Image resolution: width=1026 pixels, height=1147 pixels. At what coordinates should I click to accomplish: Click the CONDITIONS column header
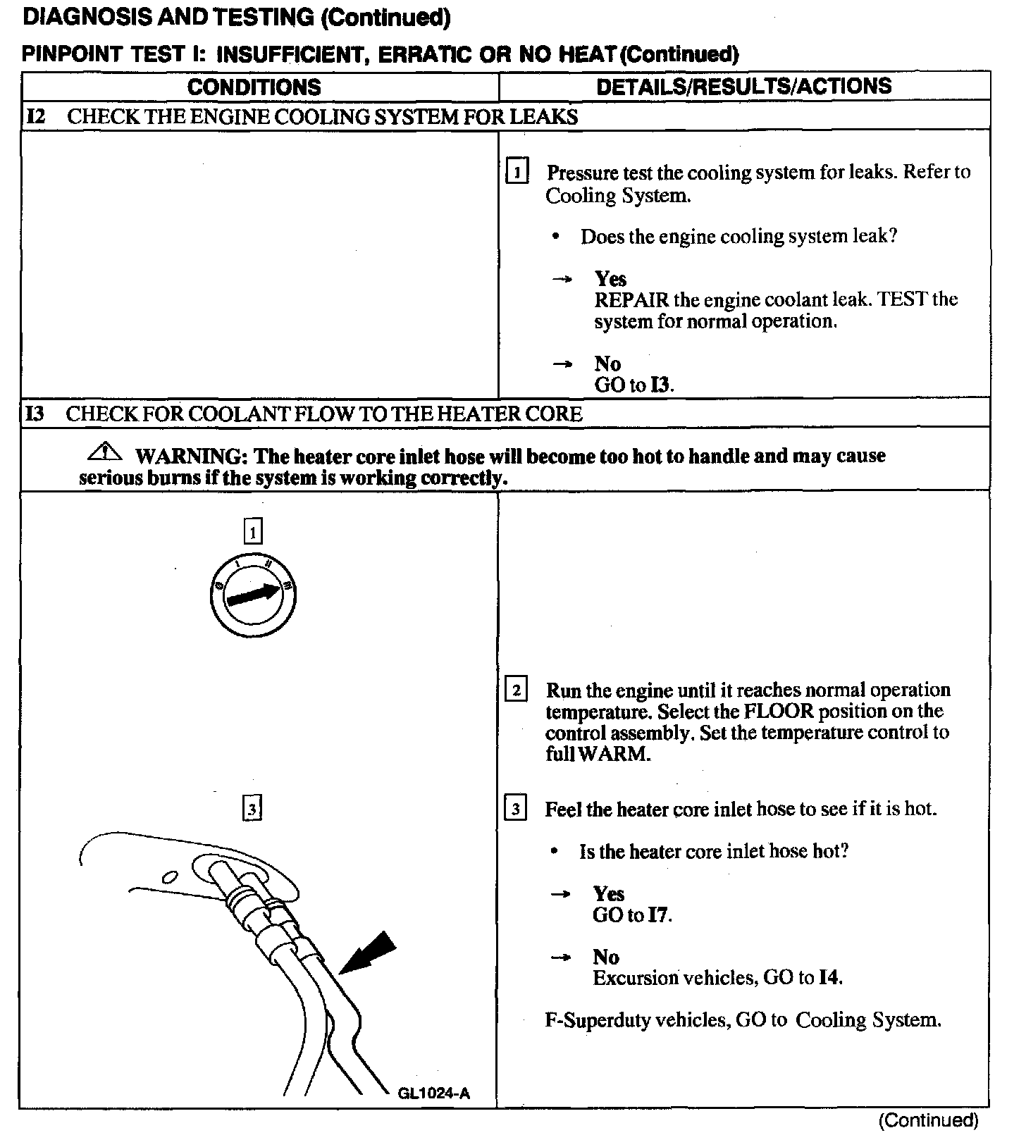[x=254, y=87]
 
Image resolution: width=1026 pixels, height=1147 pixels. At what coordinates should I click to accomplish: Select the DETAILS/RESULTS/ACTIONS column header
[x=743, y=86]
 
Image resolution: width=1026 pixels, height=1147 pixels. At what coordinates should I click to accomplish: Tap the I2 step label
[x=35, y=116]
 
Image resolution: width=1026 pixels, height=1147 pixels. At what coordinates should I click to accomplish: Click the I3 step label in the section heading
[x=35, y=414]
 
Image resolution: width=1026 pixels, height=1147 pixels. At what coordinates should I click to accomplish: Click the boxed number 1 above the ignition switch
[x=253, y=531]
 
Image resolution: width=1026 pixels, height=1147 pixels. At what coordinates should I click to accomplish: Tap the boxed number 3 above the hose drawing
[x=252, y=807]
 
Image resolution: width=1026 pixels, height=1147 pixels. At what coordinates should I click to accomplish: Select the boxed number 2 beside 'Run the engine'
[x=516, y=690]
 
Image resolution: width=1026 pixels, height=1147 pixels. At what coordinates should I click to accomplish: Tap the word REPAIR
[x=631, y=300]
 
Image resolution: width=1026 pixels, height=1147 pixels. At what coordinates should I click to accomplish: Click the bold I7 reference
[x=659, y=915]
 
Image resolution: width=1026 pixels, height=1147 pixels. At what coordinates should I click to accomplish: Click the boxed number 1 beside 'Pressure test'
[x=517, y=173]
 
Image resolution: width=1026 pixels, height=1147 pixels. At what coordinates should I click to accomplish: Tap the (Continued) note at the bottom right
[x=928, y=1120]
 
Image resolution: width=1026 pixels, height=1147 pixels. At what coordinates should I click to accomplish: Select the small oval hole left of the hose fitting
[x=168, y=876]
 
